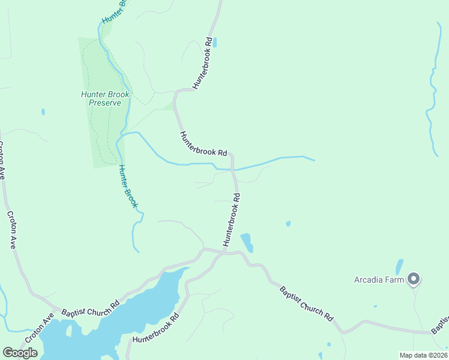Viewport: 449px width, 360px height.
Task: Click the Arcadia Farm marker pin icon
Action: click(413, 279)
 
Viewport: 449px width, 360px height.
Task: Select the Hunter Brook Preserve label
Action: click(105, 98)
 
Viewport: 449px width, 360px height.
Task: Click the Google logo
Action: click(20, 353)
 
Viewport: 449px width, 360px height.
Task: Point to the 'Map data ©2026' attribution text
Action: click(423, 355)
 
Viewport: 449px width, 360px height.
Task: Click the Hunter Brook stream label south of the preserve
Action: click(128, 187)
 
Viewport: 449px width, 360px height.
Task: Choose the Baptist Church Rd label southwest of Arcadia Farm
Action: click(306, 304)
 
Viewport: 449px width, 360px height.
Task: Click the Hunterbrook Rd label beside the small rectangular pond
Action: click(203, 63)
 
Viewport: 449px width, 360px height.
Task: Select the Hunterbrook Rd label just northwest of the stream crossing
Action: click(203, 144)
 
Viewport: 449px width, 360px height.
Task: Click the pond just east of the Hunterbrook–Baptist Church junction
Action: click(247, 242)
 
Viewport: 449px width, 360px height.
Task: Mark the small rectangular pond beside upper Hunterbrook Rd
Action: click(214, 43)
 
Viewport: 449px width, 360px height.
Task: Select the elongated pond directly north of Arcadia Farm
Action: click(399, 266)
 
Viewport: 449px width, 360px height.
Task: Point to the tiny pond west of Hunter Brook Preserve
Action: click(43, 112)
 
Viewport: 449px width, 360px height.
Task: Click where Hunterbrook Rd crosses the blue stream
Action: click(233, 169)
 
